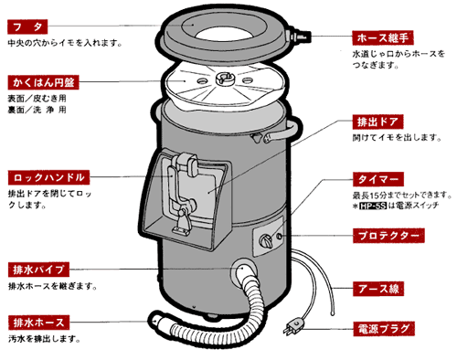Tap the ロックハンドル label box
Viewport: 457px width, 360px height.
[x=48, y=176]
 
